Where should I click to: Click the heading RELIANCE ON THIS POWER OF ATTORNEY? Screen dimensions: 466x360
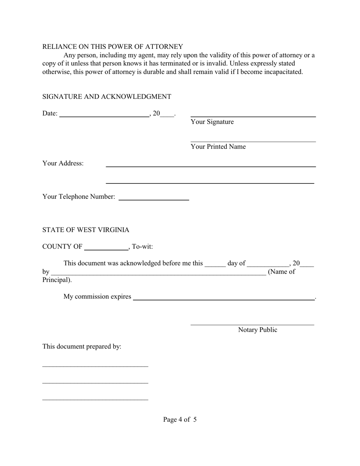click(113, 47)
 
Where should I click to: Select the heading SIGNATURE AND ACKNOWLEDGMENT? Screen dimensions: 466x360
click(106, 97)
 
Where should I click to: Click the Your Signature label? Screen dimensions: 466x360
click(212, 122)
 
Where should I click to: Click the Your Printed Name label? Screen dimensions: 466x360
click(218, 147)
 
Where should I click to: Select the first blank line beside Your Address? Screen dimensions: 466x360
click(210, 166)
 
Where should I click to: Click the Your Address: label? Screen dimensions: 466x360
click(63, 163)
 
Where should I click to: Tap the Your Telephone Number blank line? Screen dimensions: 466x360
click(153, 199)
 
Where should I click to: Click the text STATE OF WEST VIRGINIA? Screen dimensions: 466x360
click(86, 230)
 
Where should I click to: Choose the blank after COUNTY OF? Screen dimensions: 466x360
click(106, 250)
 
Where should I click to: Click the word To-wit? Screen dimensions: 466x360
click(142, 247)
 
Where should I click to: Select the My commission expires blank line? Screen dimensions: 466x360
click(224, 299)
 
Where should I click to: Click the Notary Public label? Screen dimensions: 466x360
click(257, 330)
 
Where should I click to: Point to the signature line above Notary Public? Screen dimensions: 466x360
click(252, 325)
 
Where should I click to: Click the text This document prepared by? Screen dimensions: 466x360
click(81, 347)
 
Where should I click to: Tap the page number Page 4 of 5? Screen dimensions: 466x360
click(180, 419)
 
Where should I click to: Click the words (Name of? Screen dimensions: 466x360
click(281, 272)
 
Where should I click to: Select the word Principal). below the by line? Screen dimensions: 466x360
click(57, 280)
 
